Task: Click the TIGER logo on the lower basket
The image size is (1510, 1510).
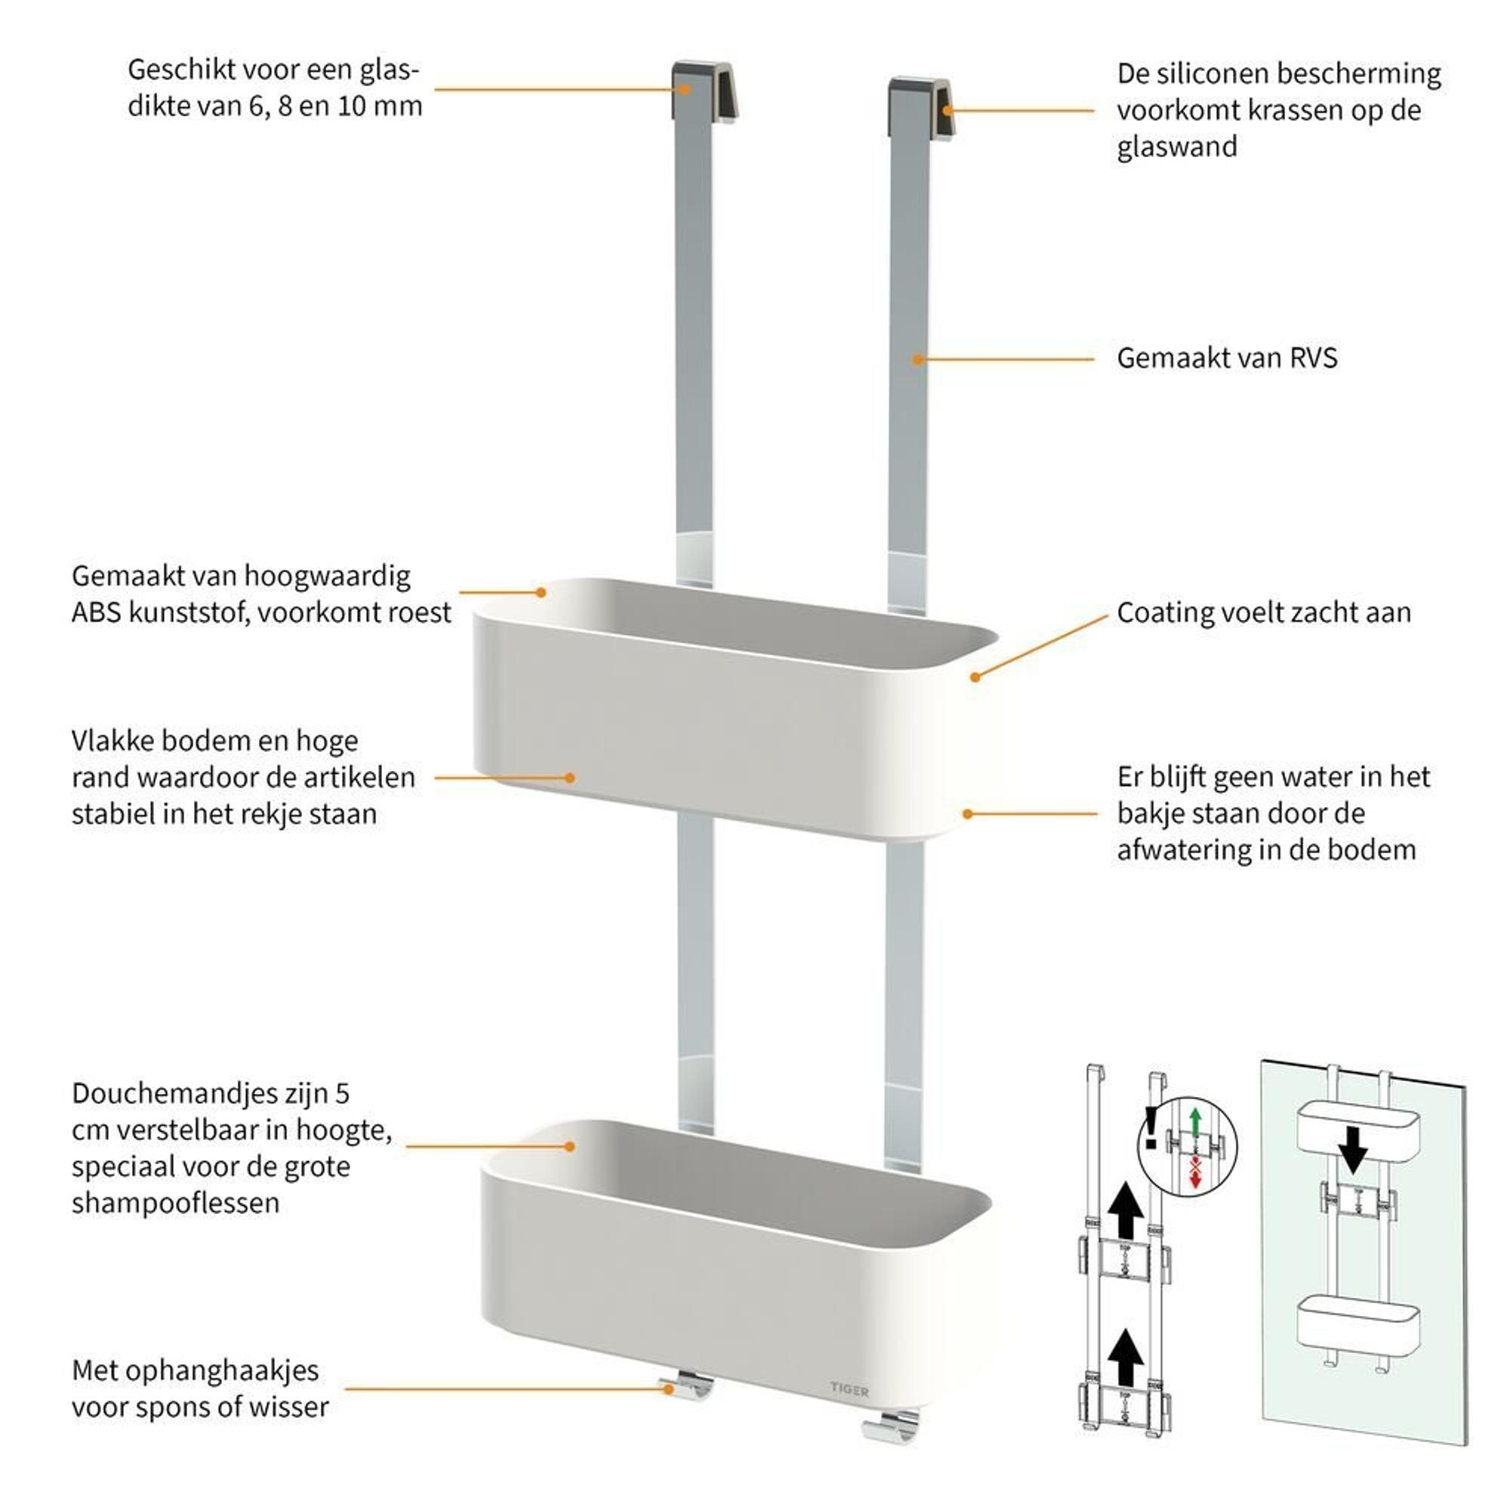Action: [x=849, y=1390]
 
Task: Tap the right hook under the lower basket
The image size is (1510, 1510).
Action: [x=891, y=1427]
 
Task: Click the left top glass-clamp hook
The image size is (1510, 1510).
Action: [x=704, y=90]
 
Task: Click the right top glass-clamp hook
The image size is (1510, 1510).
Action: [x=920, y=107]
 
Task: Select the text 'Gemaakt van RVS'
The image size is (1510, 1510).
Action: [x=1226, y=358]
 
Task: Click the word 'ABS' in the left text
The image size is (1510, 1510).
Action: [x=95, y=612]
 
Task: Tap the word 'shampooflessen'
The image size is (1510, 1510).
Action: [x=175, y=1202]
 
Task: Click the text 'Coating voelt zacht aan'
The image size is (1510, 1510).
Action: [x=1263, y=612]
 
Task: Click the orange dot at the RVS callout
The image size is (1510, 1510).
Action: [x=918, y=359]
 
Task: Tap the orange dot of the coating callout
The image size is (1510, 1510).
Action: [x=975, y=676]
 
